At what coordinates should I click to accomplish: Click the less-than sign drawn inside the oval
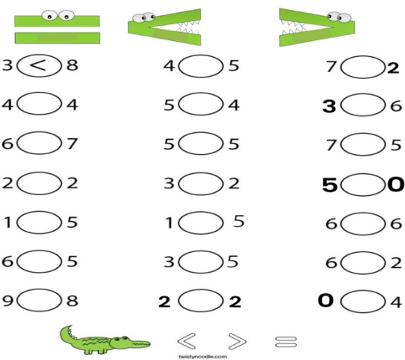coord(38,65)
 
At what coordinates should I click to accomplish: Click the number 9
coord(8,300)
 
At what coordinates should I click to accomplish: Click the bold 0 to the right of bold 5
coord(396,185)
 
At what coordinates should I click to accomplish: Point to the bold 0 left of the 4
coord(326,300)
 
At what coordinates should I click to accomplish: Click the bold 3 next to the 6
coord(329,106)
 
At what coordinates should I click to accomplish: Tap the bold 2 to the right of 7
coord(394,68)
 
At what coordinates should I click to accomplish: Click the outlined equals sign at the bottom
coord(286,342)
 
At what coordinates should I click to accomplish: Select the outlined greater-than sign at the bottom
coord(238,342)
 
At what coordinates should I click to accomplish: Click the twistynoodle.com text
coord(203,357)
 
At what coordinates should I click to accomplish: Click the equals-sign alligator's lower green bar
coord(57,38)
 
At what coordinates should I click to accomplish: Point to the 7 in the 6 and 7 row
coord(72,144)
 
